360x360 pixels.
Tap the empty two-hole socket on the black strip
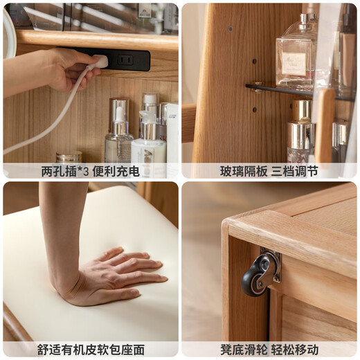[x=126, y=60]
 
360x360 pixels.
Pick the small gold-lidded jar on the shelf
[x=69, y=157]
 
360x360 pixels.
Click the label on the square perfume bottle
[x=294, y=64]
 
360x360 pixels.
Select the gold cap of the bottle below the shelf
[x=301, y=111]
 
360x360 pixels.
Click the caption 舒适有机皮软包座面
[x=90, y=350]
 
